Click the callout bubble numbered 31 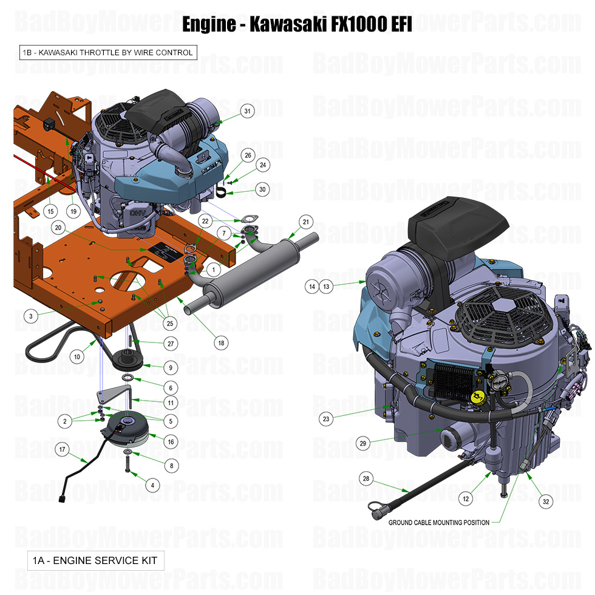pos(247,111)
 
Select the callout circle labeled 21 pos(306,222)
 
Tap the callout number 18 pos(222,342)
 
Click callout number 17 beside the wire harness pos(62,449)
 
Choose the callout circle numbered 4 pos(152,485)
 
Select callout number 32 pos(546,501)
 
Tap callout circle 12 pos(466,498)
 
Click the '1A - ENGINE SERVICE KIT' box pos(95,560)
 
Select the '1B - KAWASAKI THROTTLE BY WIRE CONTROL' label pos(107,53)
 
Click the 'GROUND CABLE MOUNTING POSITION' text pos(439,522)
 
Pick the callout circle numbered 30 pos(262,189)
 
